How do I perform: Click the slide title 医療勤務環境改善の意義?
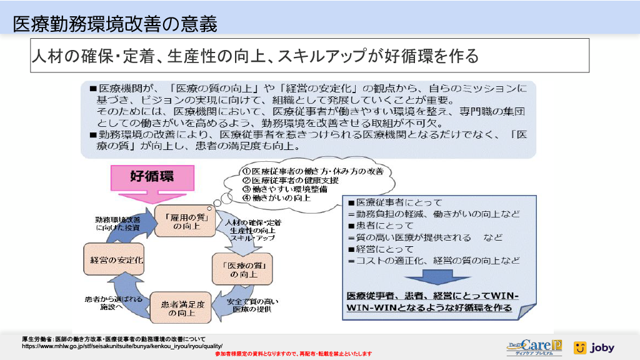(116, 24)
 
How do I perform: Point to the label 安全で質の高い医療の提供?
(252, 306)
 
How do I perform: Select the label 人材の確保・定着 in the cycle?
(252, 222)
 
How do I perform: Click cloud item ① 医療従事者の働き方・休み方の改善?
(312, 171)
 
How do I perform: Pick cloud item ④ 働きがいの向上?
(277, 197)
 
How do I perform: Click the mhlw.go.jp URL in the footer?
(122, 345)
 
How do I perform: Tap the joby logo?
(594, 347)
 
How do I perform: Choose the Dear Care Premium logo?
(534, 347)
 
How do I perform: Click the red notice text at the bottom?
(293, 354)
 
